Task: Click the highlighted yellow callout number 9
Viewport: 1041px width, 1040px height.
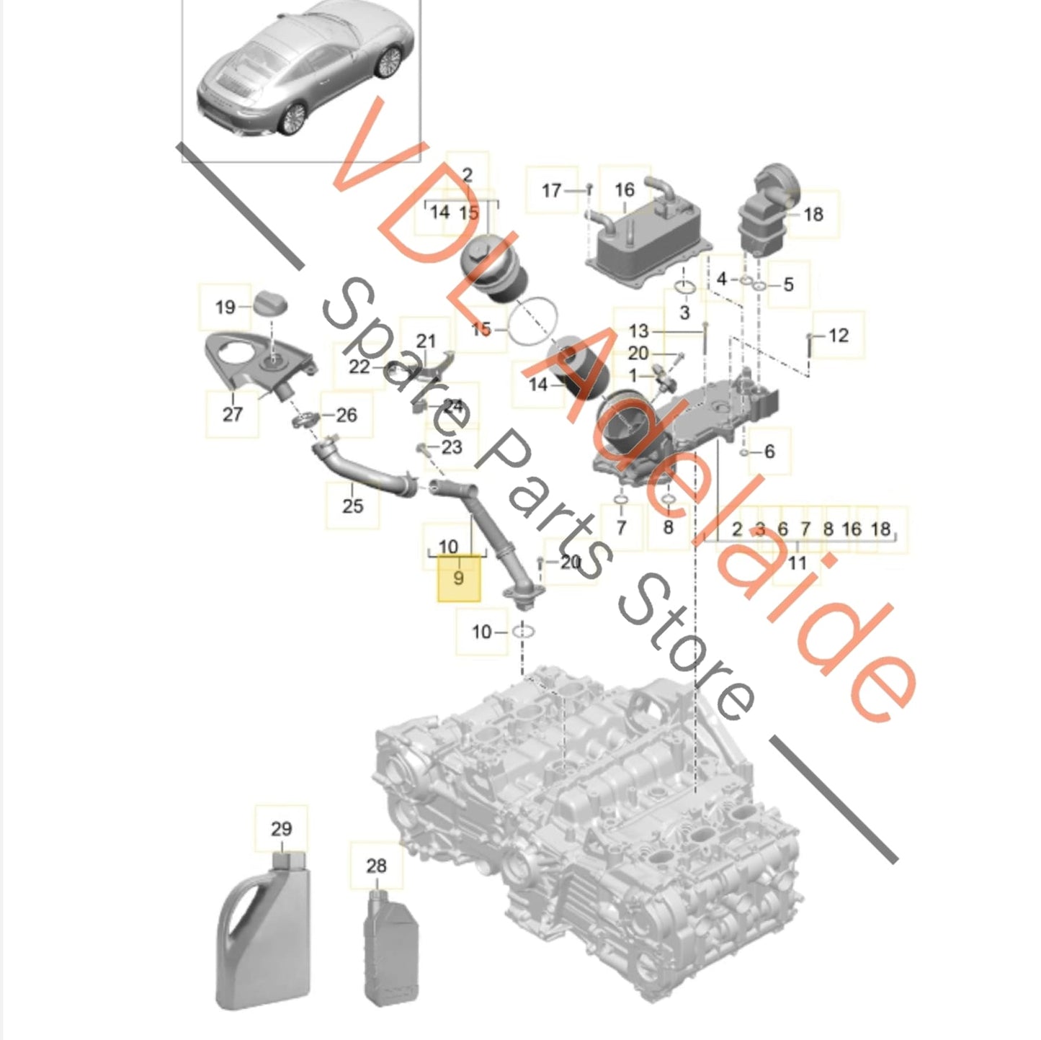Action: [x=458, y=578]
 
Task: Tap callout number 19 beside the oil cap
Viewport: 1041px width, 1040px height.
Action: [x=225, y=308]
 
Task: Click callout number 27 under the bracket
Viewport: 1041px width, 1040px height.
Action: [x=232, y=414]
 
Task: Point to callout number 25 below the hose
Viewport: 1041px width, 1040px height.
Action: [x=352, y=506]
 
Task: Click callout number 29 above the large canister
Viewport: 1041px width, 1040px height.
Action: [x=281, y=829]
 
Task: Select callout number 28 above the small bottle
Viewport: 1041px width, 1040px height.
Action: [x=377, y=866]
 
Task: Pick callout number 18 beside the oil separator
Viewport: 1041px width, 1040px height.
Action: [x=813, y=215]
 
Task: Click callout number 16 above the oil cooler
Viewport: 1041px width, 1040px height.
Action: [x=625, y=189]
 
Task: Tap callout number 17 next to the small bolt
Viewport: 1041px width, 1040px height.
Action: [x=552, y=190]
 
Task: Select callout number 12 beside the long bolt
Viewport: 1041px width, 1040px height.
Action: [x=838, y=336]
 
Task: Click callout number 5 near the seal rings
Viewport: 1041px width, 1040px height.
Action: [x=788, y=284]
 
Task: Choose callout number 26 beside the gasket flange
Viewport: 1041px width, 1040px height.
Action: [x=347, y=415]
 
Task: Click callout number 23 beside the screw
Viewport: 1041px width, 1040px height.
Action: [x=452, y=447]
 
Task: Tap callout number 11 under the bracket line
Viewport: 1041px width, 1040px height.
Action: [x=797, y=563]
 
